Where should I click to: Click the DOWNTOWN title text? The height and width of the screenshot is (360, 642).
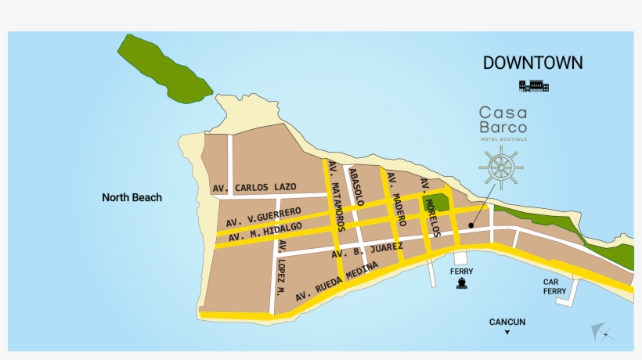pyautogui.click(x=532, y=63)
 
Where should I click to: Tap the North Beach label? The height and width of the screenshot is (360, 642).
pyautogui.click(x=132, y=197)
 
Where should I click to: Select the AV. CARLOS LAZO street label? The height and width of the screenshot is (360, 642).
pyautogui.click(x=254, y=188)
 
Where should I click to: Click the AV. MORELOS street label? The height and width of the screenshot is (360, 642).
pyautogui.click(x=431, y=207)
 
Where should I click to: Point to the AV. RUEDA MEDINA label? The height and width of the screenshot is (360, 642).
pyautogui.click(x=337, y=283)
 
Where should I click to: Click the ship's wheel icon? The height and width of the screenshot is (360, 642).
pyautogui.click(x=501, y=167)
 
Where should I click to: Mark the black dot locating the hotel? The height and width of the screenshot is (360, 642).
pyautogui.click(x=471, y=225)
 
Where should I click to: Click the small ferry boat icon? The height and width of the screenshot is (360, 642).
pyautogui.click(x=462, y=283)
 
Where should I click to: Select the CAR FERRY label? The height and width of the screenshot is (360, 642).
pyautogui.click(x=555, y=286)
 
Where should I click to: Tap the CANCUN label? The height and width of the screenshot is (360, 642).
pyautogui.click(x=507, y=322)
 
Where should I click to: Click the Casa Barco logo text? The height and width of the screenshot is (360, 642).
pyautogui.click(x=503, y=121)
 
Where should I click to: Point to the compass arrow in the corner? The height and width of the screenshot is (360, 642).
pyautogui.click(x=601, y=333)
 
